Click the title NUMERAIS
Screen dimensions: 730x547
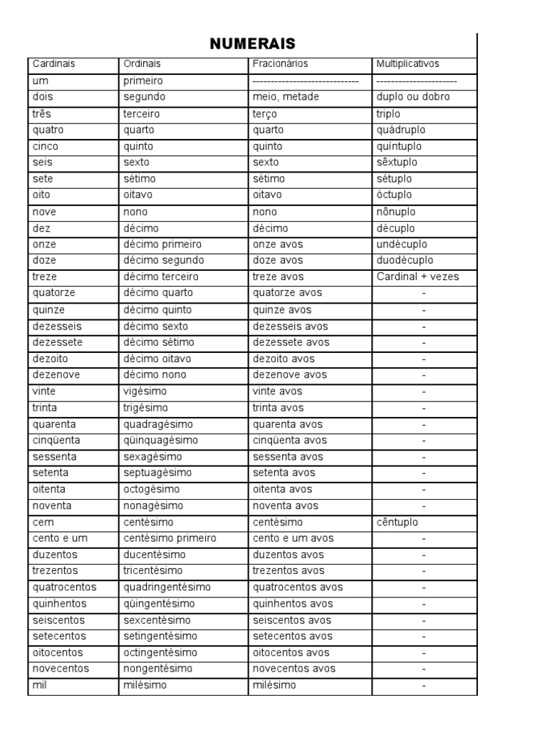tap(252, 43)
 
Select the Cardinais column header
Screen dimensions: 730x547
tap(53, 63)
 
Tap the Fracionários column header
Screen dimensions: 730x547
tap(281, 63)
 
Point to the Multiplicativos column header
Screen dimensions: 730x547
tap(407, 63)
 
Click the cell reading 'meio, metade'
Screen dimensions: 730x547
tap(286, 96)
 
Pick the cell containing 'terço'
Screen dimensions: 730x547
tap(265, 113)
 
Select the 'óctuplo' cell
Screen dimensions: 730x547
tap(393, 195)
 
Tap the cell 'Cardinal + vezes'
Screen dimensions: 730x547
tap(417, 277)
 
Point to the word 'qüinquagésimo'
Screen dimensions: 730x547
tap(161, 441)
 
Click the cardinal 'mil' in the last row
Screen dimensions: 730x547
tap(40, 685)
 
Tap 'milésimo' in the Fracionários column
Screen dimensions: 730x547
tap(274, 685)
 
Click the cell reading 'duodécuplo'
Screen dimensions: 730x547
tap(405, 260)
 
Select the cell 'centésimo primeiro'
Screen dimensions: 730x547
tap(170, 538)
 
